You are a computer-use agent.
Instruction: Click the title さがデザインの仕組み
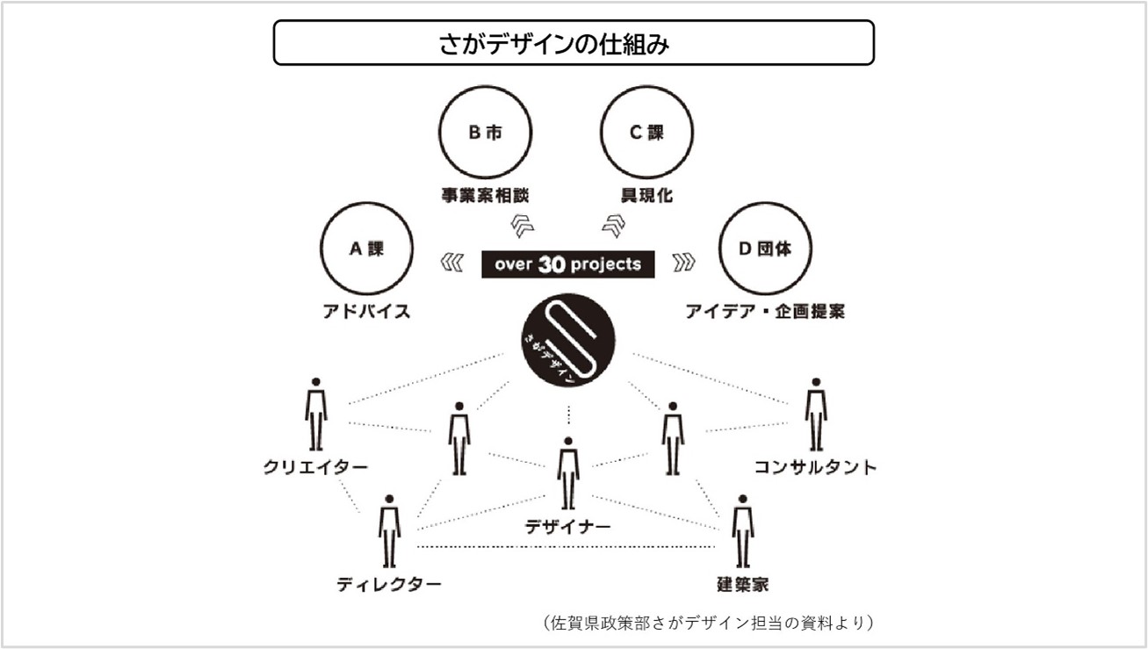click(553, 44)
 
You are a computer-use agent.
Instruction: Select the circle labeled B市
click(485, 88)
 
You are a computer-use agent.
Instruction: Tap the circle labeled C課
click(646, 88)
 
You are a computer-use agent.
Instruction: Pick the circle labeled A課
click(367, 204)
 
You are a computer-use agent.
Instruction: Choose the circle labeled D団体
click(765, 204)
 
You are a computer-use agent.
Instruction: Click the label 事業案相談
click(485, 195)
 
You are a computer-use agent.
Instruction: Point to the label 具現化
click(646, 195)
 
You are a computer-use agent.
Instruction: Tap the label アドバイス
click(367, 312)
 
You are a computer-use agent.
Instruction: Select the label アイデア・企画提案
click(765, 312)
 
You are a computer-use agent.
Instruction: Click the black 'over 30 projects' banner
click(567, 264)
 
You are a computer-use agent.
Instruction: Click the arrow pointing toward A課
click(452, 263)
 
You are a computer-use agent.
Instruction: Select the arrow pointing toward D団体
click(683, 263)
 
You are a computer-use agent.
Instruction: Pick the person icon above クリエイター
click(316, 415)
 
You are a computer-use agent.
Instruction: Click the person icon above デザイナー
click(567, 474)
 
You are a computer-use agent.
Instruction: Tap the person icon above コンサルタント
click(816, 415)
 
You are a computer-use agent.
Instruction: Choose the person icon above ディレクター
click(389, 531)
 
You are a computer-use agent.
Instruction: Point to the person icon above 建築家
click(742, 531)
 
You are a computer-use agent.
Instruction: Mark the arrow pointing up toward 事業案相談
click(523, 226)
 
